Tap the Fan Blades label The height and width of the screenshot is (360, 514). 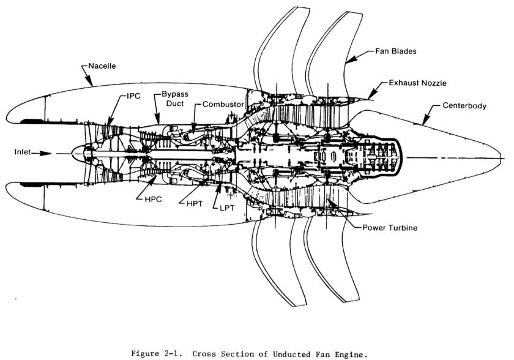tap(396, 52)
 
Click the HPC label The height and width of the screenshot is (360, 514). tap(144, 200)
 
